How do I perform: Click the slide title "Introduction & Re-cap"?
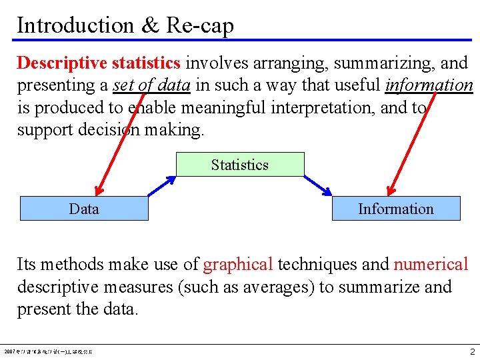pos(125,25)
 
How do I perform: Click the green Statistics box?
pos(240,165)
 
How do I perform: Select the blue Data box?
pos(84,209)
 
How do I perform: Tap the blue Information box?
pos(396,209)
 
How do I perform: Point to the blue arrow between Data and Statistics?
pos(162,186)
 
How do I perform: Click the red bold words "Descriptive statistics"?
pos(99,63)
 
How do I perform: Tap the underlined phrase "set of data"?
pos(153,85)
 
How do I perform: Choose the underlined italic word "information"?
pos(429,85)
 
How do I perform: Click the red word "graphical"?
pos(238,265)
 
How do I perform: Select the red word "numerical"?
pos(431,265)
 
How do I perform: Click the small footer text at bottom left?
pos(49,351)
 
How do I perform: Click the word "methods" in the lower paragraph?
pos(72,265)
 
